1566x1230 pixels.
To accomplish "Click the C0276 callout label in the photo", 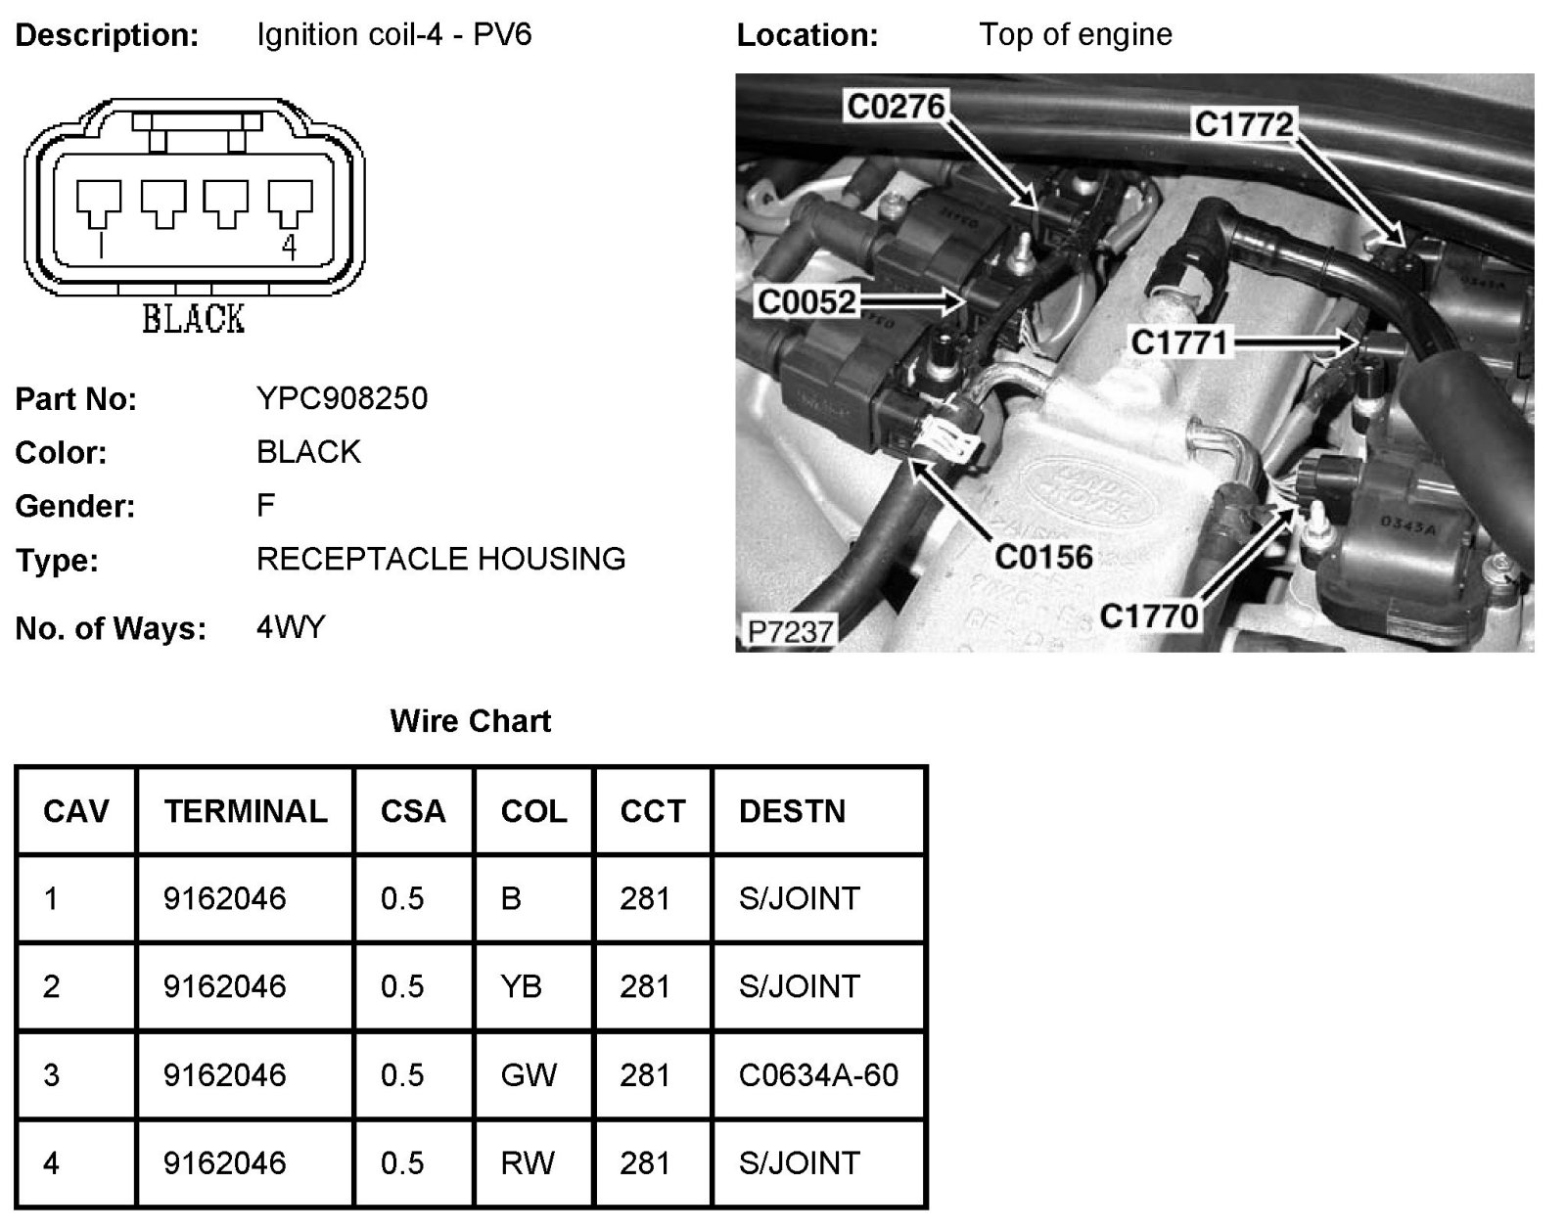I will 895,106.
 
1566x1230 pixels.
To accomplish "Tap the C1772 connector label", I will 1244,124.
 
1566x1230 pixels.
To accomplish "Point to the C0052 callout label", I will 806,302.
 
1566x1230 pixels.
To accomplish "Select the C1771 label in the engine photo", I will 1178,342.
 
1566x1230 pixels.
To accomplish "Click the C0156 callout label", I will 1043,558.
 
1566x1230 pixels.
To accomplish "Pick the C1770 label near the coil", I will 1148,616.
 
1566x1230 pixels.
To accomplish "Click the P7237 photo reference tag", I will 789,632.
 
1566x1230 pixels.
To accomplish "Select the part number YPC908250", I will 342,398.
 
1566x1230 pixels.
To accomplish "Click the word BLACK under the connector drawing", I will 193,319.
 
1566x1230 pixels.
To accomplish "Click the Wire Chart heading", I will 470,721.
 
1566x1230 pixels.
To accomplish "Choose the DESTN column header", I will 792,811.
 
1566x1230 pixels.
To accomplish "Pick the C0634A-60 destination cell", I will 818,1075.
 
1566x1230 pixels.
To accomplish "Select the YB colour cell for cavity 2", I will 521,986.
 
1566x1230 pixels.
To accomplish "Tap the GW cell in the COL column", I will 529,1075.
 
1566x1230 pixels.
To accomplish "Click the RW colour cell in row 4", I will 528,1163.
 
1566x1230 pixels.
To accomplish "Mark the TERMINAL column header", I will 246,811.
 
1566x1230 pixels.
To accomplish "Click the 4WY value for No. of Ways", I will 291,627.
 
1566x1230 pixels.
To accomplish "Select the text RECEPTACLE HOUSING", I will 440,559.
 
